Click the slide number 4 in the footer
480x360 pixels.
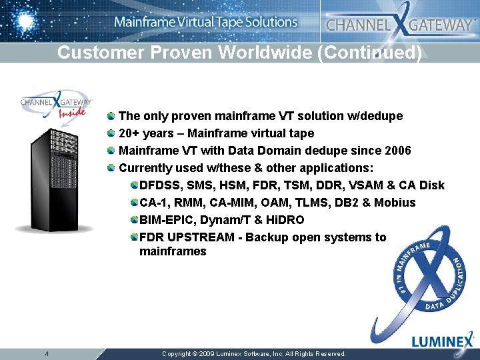[x=47, y=353]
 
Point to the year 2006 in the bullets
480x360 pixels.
[x=397, y=151]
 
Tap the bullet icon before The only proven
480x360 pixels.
[x=112, y=116]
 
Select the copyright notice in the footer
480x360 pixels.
[x=254, y=354]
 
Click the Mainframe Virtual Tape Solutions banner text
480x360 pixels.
[x=205, y=22]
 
